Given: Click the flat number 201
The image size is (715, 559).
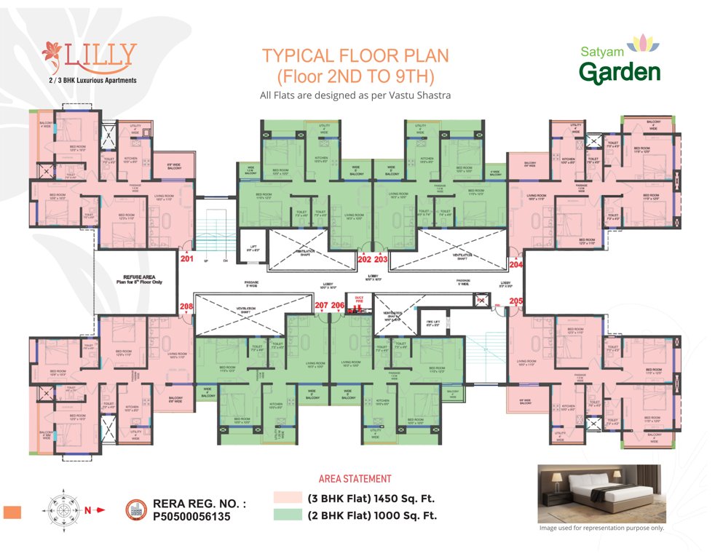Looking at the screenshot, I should point(187,257).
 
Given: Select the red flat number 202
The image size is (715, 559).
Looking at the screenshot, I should point(365,258).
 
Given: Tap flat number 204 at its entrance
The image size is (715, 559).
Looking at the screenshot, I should point(515,266).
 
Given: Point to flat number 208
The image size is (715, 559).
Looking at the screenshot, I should point(187,306).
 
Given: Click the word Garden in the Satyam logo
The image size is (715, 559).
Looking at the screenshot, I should point(620,72).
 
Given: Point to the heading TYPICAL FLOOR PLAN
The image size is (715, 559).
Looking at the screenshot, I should point(356,57).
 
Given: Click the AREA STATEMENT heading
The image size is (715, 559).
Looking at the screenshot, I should point(355,479).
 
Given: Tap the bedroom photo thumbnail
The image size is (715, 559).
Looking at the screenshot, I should point(601,493).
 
